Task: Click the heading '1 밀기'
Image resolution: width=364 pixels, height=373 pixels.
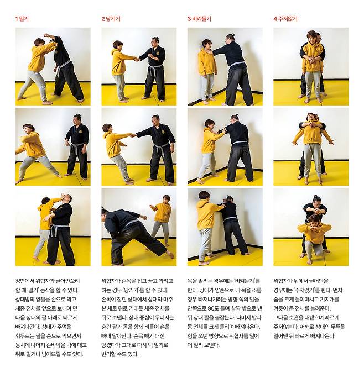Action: pyautogui.click(x=22, y=19)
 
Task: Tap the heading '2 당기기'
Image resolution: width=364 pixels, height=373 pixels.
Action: pyautogui.click(x=111, y=19)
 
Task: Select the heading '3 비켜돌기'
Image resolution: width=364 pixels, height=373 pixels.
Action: pyautogui.click(x=199, y=19)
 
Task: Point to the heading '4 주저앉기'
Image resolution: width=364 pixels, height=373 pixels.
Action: pyautogui.click(x=285, y=19)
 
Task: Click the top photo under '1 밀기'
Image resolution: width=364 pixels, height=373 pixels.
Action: pyautogui.click(x=53, y=66)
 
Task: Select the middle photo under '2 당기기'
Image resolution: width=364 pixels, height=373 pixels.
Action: pyautogui.click(x=139, y=147)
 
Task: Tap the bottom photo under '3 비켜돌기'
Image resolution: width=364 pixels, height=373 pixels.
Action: pyautogui.click(x=225, y=227)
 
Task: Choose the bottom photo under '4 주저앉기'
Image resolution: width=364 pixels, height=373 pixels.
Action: pyautogui.click(x=311, y=227)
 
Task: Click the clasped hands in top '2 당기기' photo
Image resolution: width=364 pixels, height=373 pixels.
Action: pyautogui.click(x=137, y=59)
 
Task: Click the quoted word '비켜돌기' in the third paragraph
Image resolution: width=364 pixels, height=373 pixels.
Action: pyautogui.click(x=246, y=281)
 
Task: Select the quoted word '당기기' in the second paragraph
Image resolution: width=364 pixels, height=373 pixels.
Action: pyautogui.click(x=131, y=290)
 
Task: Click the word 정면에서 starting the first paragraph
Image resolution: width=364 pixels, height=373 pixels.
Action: pyautogui.click(x=24, y=281)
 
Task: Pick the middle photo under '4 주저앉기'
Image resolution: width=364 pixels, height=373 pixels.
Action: pyautogui.click(x=311, y=147)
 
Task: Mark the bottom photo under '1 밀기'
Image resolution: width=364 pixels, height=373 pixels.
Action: pyautogui.click(x=53, y=227)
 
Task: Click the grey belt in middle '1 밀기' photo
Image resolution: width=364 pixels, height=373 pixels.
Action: pyautogui.click(x=77, y=147)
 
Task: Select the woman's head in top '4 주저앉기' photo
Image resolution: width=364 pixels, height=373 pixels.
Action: pyautogui.click(x=311, y=36)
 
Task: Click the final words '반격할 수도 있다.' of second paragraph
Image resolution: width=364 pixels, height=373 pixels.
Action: pyautogui.click(x=119, y=354)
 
